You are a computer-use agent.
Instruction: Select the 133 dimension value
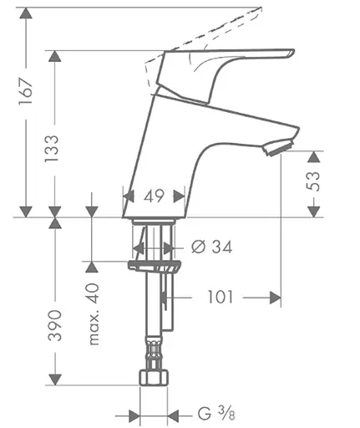[54, 151]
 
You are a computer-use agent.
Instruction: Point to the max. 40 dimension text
[93, 313]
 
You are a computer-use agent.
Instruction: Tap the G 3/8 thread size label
[215, 414]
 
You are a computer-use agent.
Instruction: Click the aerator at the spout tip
[276, 149]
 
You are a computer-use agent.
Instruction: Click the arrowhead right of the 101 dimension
[273, 298]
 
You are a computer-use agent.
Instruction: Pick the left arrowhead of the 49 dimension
[129, 197]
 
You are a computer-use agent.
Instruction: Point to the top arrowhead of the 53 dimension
[314, 156]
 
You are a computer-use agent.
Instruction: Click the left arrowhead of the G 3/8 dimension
[134, 414]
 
